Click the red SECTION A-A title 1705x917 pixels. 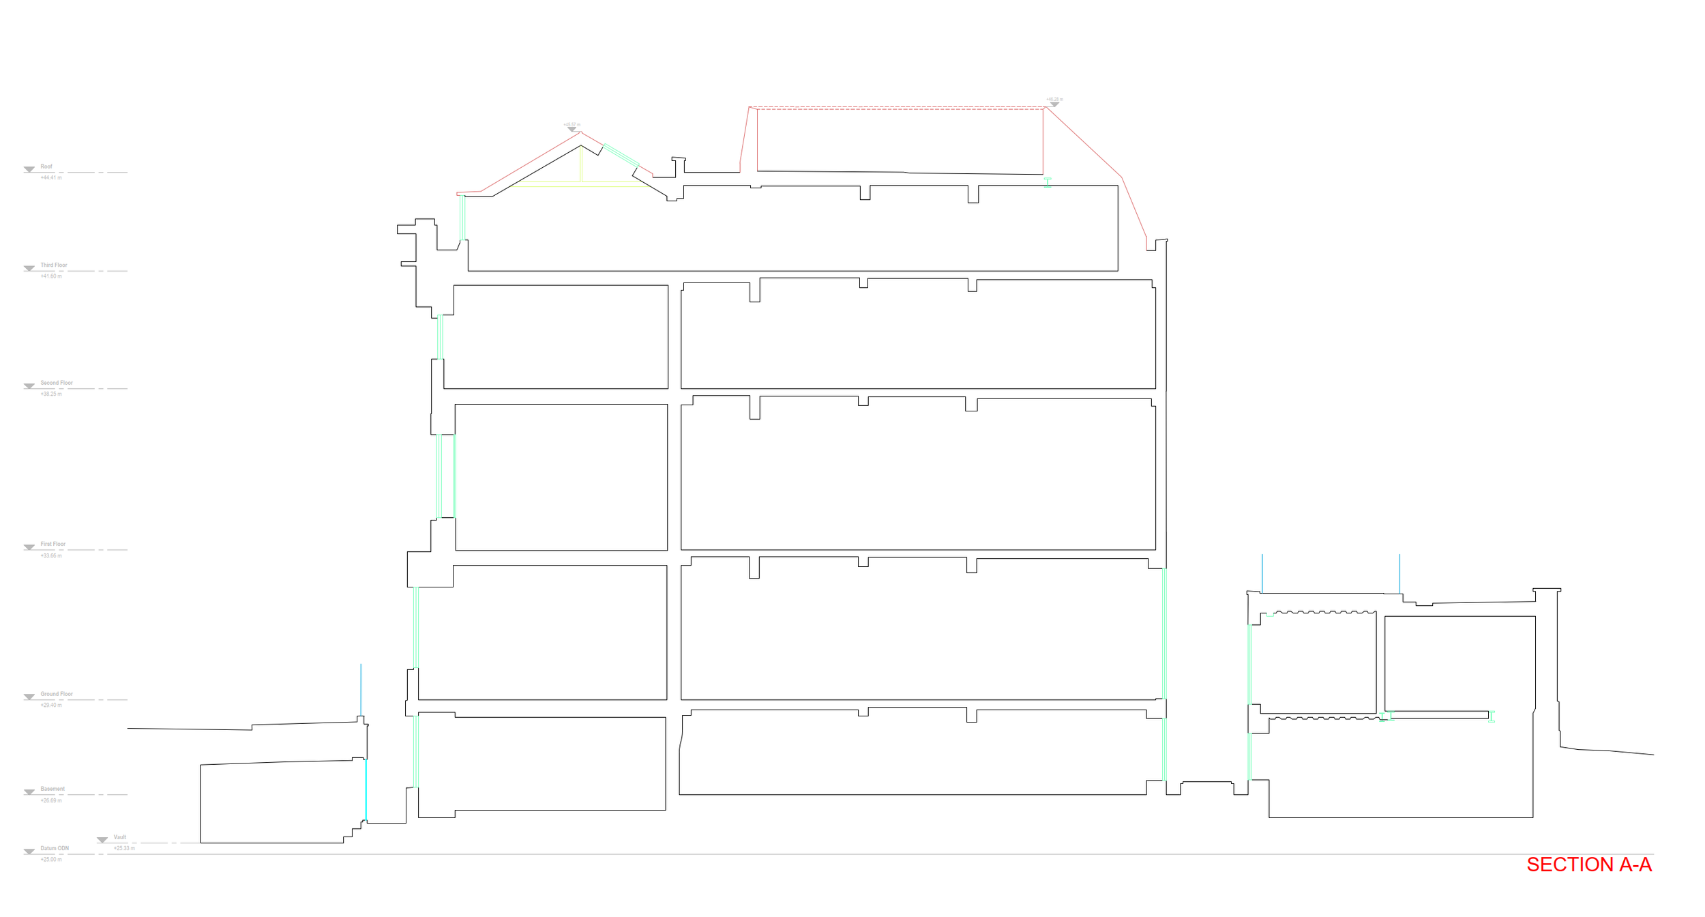pyautogui.click(x=1588, y=864)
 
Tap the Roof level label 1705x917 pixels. pyautogui.click(x=46, y=166)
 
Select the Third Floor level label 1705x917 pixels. pyautogui.click(x=54, y=265)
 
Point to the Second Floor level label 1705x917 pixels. pyautogui.click(x=57, y=383)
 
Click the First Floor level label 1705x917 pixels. pyautogui.click(x=53, y=544)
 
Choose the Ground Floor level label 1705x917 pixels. pyautogui.click(x=57, y=694)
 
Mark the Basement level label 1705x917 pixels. pyautogui.click(x=53, y=789)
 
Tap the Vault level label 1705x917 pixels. pyautogui.click(x=120, y=837)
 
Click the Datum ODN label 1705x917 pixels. pyautogui.click(x=55, y=849)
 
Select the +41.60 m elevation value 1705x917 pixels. pyautogui.click(x=51, y=276)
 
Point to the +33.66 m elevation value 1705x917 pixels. pyautogui.click(x=51, y=556)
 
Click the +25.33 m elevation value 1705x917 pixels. pyautogui.click(x=124, y=849)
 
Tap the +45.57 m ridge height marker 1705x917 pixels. pyautogui.click(x=572, y=126)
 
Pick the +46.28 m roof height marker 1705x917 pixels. pyautogui.click(x=1054, y=100)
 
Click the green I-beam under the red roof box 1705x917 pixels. pyautogui.click(x=1048, y=182)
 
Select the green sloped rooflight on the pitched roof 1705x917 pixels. pyautogui.click(x=621, y=155)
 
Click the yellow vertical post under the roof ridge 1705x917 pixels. pyautogui.click(x=580, y=164)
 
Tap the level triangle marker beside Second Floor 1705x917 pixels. pyautogui.click(x=29, y=386)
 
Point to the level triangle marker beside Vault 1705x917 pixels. pyautogui.click(x=102, y=840)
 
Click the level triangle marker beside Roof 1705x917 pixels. pyautogui.click(x=29, y=169)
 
